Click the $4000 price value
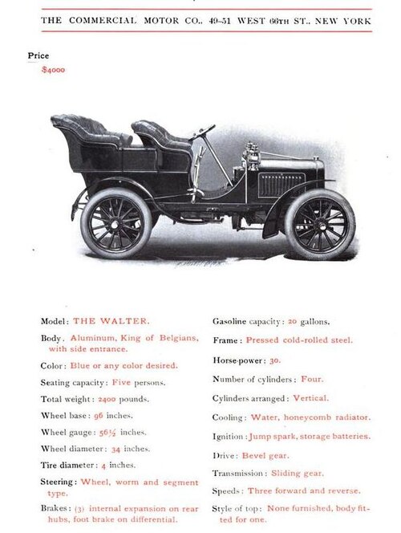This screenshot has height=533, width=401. coord(53,70)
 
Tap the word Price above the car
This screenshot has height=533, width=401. coord(38,55)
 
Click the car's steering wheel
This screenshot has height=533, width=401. coord(202,132)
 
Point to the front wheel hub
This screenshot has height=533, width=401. coord(321,225)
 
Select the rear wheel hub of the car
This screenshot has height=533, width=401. coord(115,224)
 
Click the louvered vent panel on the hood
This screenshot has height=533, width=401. coord(282,185)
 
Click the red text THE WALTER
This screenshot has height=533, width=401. coord(111,321)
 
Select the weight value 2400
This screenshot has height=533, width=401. coord(107,399)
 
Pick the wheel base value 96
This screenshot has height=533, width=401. coord(98,416)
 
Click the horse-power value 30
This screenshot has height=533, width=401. coord(275,360)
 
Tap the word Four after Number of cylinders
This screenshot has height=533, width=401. coord(312,379)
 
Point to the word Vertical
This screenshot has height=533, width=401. coord(310,398)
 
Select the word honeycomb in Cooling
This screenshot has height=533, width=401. coord(307,417)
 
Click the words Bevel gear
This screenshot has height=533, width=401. coord(265,455)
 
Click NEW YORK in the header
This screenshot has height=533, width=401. coord(343,21)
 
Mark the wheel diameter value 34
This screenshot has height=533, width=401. coord(115,450)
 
